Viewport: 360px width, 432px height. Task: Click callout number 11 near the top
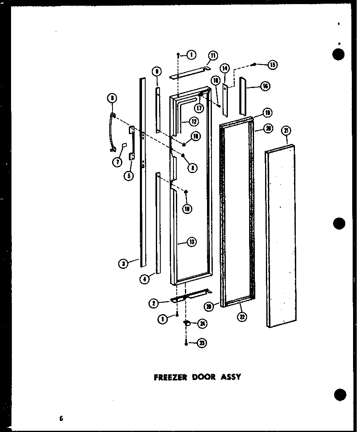(x=213, y=56)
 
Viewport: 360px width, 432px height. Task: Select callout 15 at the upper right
(x=272, y=64)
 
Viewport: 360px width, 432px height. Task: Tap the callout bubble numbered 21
(x=286, y=131)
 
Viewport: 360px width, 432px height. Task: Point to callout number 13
(x=191, y=242)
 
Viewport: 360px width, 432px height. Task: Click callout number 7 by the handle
(x=117, y=162)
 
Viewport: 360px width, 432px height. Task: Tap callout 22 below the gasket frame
(x=243, y=317)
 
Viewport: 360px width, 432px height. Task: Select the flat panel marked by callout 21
(x=281, y=237)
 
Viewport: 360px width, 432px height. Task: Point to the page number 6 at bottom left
(x=61, y=418)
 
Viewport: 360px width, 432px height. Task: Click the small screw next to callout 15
(x=254, y=64)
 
